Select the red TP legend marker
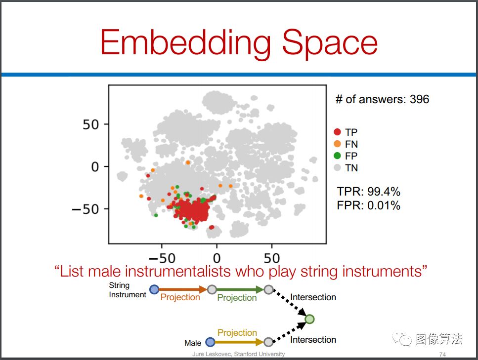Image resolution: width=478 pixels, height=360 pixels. (x=337, y=132)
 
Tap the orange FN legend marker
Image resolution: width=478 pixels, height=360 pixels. (x=337, y=144)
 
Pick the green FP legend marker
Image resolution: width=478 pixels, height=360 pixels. (x=337, y=156)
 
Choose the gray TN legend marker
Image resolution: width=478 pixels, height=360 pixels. (x=337, y=167)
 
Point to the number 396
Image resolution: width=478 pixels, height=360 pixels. (x=419, y=99)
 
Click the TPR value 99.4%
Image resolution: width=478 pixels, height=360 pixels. (x=384, y=192)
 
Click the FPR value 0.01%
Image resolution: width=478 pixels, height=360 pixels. (x=384, y=205)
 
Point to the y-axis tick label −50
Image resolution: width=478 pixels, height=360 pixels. (x=86, y=209)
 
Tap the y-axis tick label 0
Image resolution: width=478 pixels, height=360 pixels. (x=95, y=167)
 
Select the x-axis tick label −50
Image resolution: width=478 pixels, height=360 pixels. (x=162, y=258)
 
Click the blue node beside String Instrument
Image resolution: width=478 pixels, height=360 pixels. (x=154, y=289)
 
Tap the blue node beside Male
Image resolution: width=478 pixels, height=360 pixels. (x=210, y=342)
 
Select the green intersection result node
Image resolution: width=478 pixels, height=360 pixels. (x=309, y=319)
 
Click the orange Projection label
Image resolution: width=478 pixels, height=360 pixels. (x=180, y=297)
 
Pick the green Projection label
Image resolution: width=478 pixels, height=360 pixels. (x=237, y=298)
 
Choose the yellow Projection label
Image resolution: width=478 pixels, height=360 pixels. (x=237, y=332)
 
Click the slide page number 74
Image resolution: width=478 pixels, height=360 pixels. (x=442, y=354)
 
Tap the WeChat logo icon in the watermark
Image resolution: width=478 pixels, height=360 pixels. (x=402, y=339)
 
